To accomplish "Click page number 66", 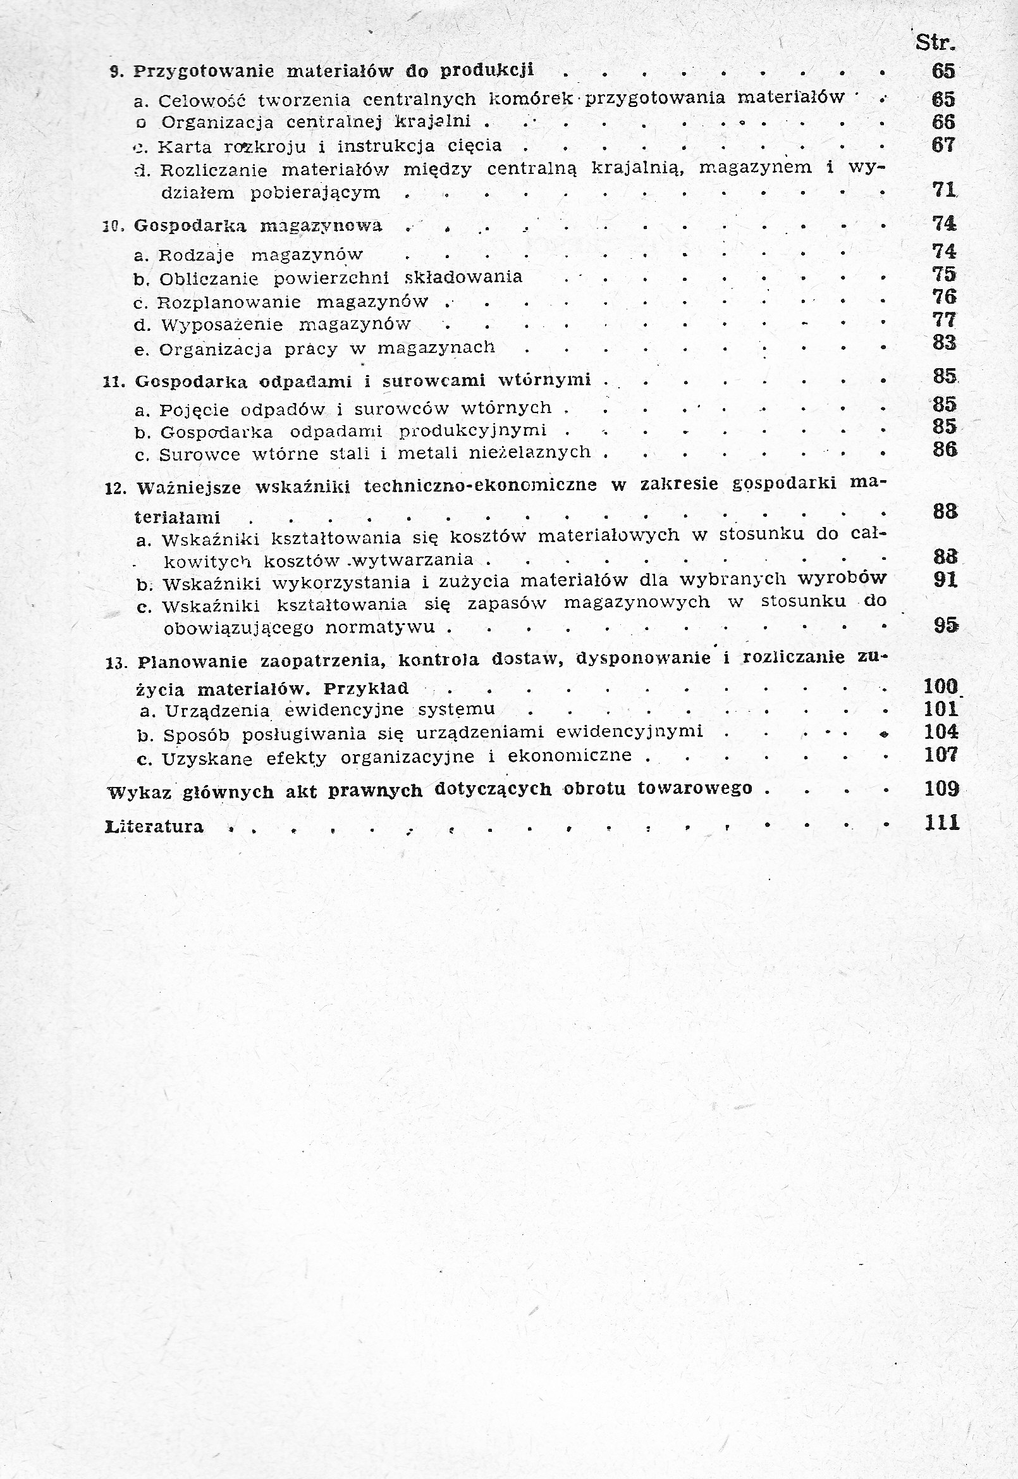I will (944, 122).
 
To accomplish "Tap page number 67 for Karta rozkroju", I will (944, 145).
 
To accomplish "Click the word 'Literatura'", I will (154, 827).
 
